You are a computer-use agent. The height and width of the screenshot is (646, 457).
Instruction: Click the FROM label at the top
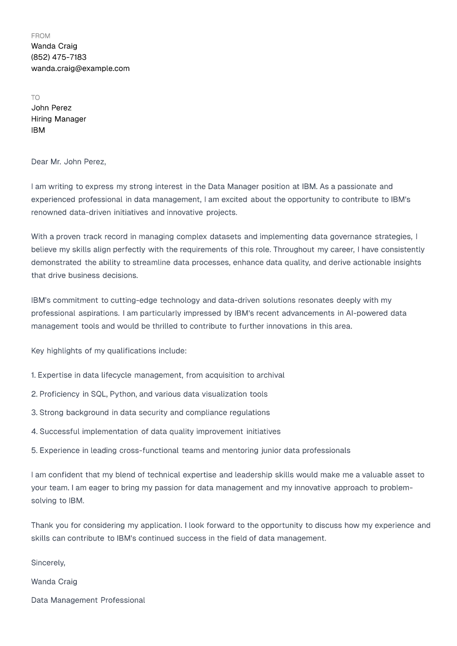[40, 36]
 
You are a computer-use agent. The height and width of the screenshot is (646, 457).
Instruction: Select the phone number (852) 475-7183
[59, 57]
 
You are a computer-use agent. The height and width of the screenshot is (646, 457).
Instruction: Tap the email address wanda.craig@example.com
[80, 69]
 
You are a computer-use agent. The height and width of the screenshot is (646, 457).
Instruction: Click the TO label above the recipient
[35, 98]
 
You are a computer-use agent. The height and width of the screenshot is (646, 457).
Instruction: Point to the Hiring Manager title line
[58, 119]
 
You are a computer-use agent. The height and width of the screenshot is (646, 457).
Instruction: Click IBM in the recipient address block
[38, 130]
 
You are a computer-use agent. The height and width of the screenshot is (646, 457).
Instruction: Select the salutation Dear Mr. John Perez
[69, 162]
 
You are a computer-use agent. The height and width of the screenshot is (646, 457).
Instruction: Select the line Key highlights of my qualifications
[109, 351]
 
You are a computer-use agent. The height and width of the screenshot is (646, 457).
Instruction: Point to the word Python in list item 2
[123, 394]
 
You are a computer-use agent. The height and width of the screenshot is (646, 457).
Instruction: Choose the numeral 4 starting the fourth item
[34, 432]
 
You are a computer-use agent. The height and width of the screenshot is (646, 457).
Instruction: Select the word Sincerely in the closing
[48, 563]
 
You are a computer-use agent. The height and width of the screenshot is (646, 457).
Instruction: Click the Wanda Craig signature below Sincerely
[54, 582]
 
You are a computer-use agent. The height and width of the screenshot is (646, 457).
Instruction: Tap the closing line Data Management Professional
[88, 600]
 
